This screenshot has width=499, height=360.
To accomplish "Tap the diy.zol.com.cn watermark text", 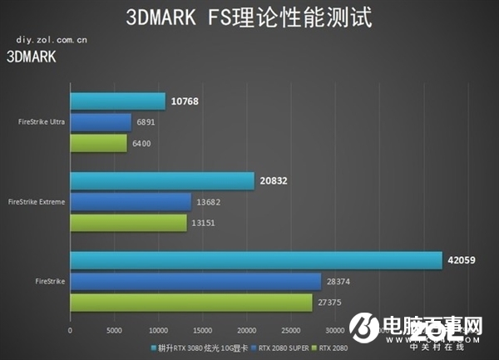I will (x=47, y=39).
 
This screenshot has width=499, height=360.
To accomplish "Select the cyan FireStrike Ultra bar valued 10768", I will (x=117, y=101).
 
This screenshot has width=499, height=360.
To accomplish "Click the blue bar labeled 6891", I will (x=101, y=122).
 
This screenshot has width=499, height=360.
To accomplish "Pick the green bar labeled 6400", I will (x=98, y=143).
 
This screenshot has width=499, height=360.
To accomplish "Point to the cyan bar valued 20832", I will (x=161, y=181).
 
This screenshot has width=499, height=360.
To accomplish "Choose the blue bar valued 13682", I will (x=131, y=202).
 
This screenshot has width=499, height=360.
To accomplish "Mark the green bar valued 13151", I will (x=128, y=223).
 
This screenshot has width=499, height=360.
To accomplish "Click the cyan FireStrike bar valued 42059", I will (x=255, y=261).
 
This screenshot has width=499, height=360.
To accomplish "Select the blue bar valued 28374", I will (x=195, y=282).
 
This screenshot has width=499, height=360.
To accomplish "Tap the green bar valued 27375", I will (x=190, y=303).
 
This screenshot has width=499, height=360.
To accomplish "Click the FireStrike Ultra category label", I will (x=42, y=122).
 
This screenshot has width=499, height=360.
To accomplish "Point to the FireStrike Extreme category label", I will (x=37, y=202).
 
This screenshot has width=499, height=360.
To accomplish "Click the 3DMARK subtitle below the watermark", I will (x=31, y=57).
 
